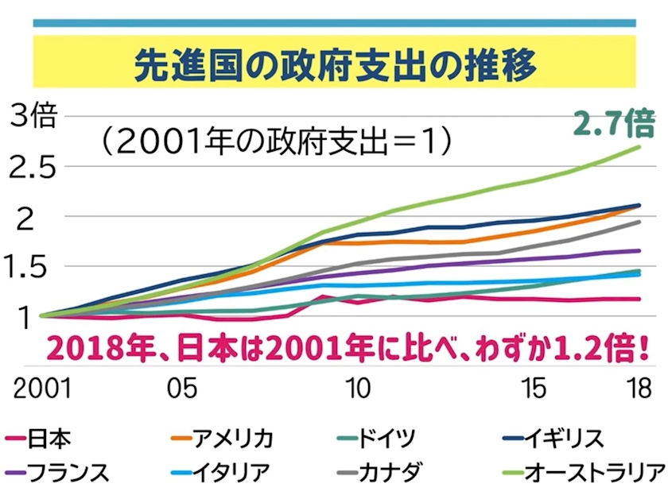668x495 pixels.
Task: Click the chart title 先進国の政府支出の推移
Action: (334, 66)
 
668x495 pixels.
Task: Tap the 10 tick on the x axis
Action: (359, 389)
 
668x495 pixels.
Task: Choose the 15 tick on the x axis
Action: (535, 389)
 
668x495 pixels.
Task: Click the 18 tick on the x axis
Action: (636, 389)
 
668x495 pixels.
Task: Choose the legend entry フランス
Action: (68, 472)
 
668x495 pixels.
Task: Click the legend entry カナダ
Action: (394, 472)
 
